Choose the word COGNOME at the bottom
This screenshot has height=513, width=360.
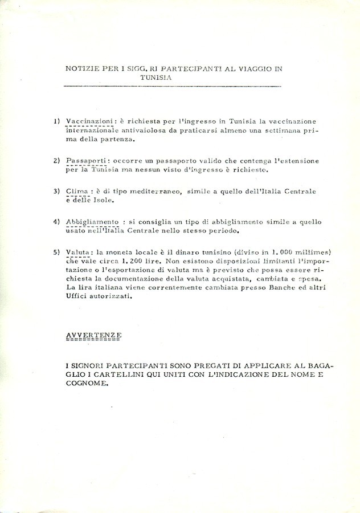point(86,384)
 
